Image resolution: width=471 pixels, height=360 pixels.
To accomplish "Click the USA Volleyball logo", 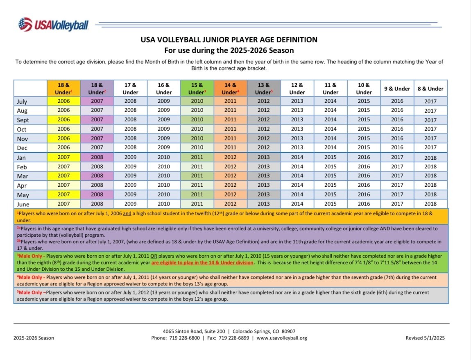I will point(53,25).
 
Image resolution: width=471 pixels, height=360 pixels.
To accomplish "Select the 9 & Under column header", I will point(397,88).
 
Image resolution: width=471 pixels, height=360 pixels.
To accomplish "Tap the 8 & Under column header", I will point(430,88).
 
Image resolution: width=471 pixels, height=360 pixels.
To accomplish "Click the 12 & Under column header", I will point(297,88).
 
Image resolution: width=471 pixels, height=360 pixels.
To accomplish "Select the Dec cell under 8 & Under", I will point(430,147).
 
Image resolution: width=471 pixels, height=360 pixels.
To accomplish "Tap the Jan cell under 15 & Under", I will point(197,157).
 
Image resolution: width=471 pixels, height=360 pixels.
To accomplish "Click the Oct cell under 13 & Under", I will point(264,129).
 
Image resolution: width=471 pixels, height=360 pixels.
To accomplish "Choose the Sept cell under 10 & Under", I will point(364,120).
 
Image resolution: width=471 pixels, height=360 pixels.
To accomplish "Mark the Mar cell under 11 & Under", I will point(330,176).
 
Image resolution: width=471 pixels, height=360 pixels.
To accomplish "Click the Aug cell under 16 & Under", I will point(164,110).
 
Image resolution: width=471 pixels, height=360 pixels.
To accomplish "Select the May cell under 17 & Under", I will point(130,195).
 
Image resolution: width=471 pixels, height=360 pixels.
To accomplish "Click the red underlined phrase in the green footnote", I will point(202,263).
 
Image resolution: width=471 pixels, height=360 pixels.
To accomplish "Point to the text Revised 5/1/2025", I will point(425,338).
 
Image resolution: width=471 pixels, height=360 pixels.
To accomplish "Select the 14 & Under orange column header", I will point(230,88).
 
